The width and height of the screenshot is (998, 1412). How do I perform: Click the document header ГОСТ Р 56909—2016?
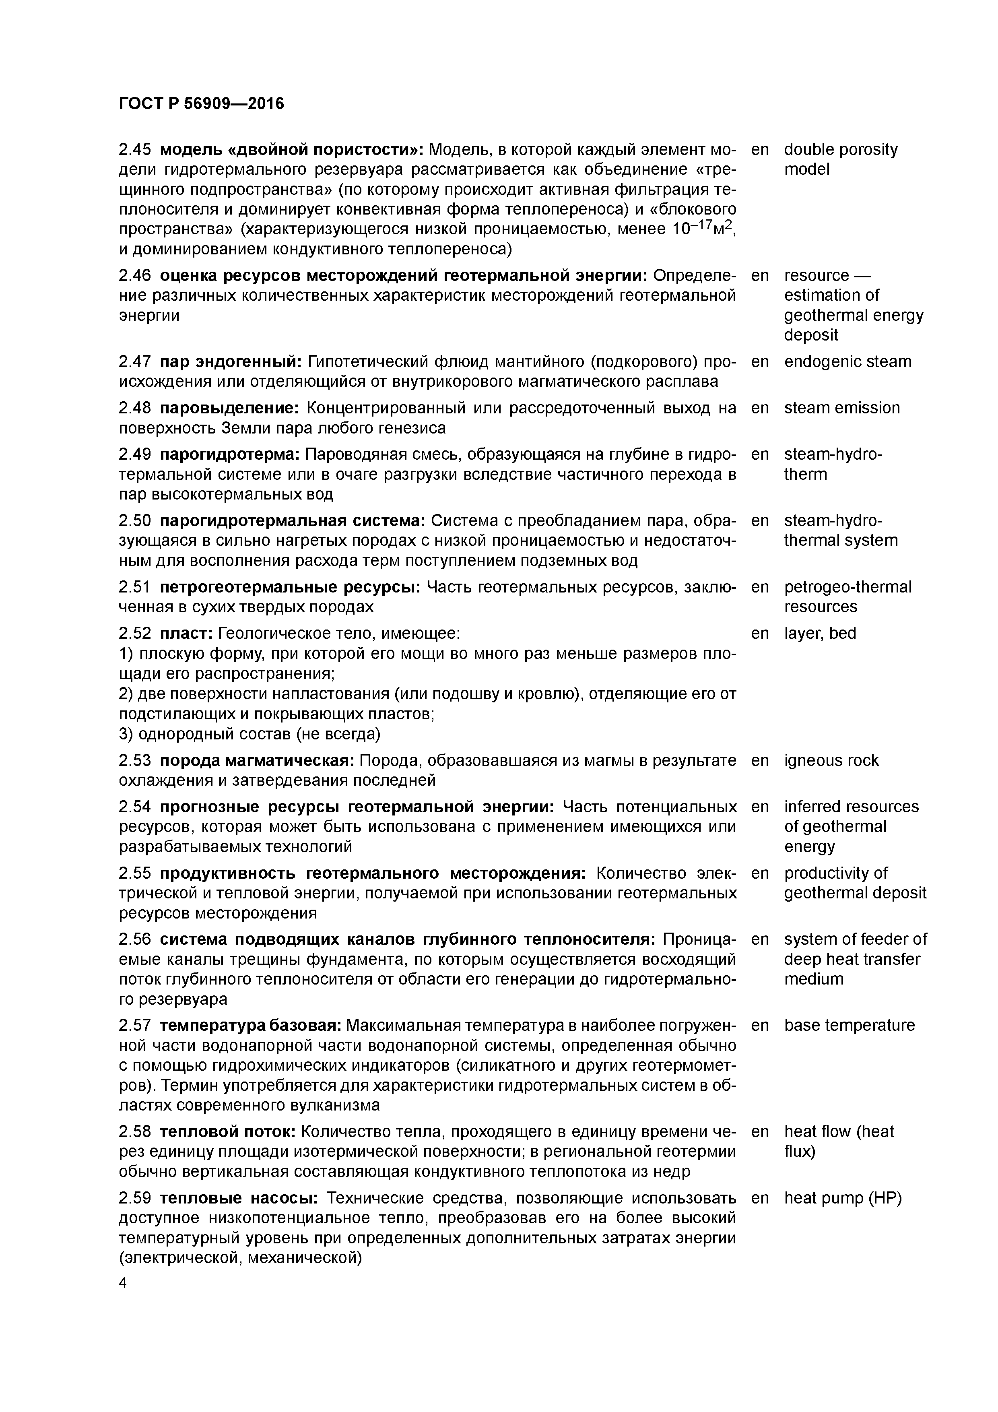click(x=201, y=103)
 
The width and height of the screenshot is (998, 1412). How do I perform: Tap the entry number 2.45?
click(x=135, y=149)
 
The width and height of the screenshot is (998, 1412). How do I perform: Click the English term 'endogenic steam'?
click(x=847, y=361)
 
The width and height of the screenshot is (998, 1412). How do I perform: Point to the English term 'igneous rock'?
click(x=831, y=761)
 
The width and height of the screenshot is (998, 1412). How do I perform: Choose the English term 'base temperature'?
click(x=849, y=1025)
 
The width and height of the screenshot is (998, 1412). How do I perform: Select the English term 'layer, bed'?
click(x=820, y=634)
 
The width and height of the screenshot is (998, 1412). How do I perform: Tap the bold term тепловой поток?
click(x=229, y=1131)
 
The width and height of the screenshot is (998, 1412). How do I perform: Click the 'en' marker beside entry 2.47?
click(x=760, y=361)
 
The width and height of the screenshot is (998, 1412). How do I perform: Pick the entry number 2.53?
click(x=135, y=761)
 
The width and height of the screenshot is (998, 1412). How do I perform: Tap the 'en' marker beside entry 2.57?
click(x=760, y=1025)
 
